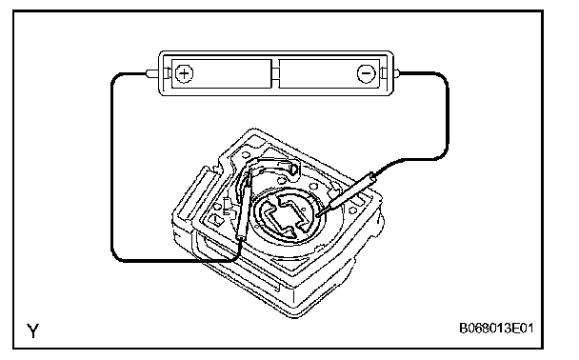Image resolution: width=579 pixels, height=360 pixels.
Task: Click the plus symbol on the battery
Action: point(184,73)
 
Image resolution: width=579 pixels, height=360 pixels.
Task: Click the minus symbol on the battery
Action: point(367,73)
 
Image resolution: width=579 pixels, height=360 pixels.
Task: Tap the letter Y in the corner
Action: point(33,330)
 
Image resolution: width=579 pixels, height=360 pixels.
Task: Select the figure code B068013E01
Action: point(496,328)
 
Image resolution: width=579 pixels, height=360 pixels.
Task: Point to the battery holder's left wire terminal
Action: point(152,73)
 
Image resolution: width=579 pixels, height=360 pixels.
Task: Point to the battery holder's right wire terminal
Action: point(397,73)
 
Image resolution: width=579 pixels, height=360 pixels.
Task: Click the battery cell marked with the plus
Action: point(222,73)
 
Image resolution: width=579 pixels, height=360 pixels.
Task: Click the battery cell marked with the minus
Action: point(329,73)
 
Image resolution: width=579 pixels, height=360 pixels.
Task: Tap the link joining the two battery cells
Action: point(275,73)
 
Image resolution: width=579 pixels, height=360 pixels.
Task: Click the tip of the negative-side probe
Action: point(317,214)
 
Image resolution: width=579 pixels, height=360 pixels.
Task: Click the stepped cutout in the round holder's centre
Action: point(287,218)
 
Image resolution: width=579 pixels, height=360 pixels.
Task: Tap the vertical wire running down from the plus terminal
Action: point(111,166)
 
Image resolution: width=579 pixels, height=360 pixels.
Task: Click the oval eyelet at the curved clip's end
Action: point(293,169)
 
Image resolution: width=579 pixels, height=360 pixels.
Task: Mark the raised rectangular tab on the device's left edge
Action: point(192,192)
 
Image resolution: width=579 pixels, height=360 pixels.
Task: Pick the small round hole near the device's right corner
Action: point(353,210)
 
